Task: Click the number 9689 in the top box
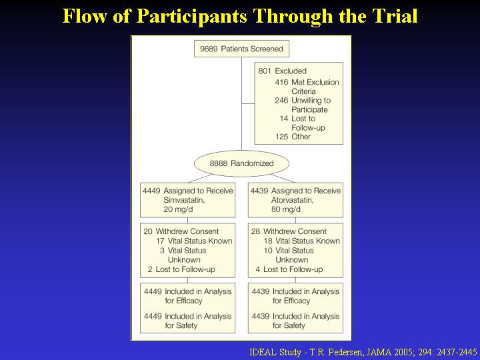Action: point(209,49)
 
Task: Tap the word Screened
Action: point(267,49)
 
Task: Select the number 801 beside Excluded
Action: point(265,71)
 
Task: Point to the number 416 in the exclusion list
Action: point(281,83)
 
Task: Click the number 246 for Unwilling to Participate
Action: point(281,101)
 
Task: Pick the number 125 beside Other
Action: point(281,137)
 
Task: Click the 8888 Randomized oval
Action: point(241,163)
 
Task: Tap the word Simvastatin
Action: point(184,200)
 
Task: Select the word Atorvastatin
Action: point(293,200)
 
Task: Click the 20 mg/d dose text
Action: point(178,210)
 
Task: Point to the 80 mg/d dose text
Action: point(286,210)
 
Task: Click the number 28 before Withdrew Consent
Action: point(255,231)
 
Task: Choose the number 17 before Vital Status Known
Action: point(161,241)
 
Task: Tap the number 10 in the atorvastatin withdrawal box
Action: point(268,251)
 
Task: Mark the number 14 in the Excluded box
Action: point(284,119)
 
